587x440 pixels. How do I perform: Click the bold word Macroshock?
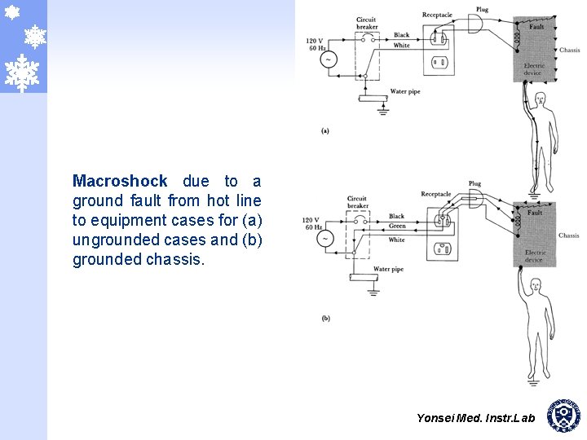pos(120,181)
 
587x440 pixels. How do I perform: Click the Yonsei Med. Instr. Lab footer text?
pos(475,418)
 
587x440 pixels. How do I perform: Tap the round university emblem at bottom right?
pos(564,415)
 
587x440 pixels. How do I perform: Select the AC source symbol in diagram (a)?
pos(329,59)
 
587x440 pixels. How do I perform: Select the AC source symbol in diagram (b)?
pos(324,239)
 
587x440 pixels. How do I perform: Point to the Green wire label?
pos(397,226)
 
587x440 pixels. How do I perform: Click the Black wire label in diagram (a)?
pos(401,35)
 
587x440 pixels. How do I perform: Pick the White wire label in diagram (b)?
pos(397,240)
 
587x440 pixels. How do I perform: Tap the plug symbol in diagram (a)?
pos(476,24)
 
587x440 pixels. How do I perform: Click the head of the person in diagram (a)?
pos(539,100)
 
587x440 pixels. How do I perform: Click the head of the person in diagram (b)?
pos(535,285)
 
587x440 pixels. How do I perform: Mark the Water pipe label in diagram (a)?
pos(405,91)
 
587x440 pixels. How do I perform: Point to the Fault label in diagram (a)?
pos(536,27)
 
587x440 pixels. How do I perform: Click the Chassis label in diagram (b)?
pos(569,235)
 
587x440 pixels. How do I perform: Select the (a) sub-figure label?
pos(325,130)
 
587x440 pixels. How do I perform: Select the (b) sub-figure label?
pos(325,319)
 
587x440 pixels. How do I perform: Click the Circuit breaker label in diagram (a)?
pos(367,24)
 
